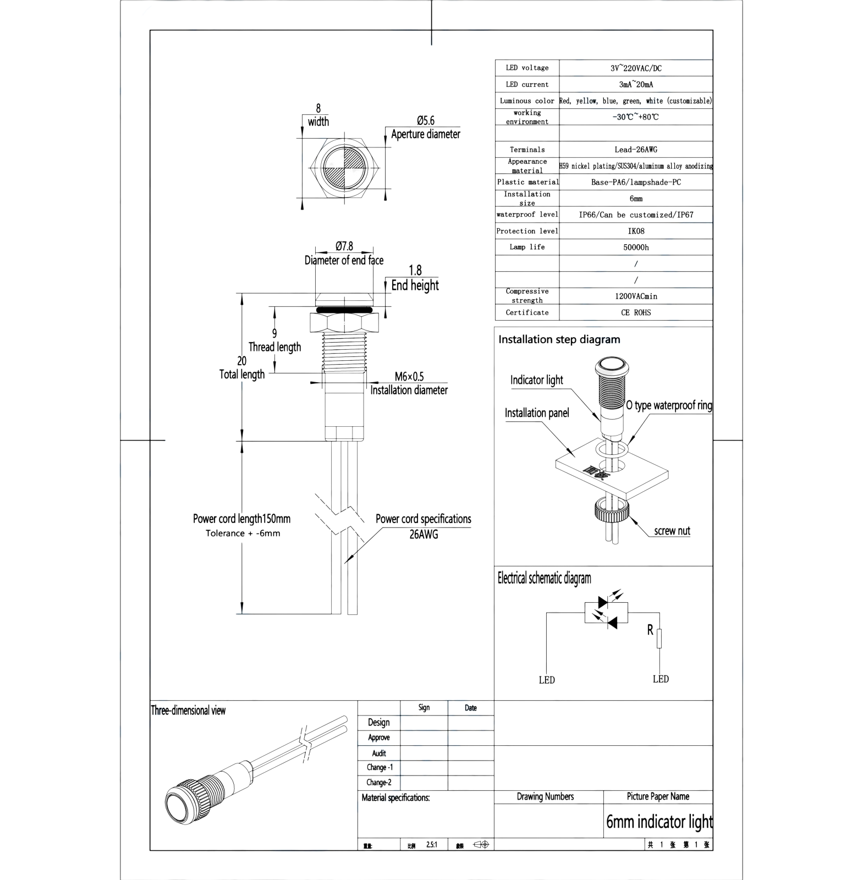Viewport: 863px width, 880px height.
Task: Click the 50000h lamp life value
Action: [x=636, y=248]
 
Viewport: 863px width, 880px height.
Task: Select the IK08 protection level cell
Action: [x=636, y=231]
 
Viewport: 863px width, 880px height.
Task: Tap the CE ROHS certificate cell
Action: [x=636, y=312]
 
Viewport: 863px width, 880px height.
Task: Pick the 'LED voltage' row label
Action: [x=527, y=68]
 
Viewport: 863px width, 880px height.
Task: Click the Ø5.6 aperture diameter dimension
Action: [x=426, y=120]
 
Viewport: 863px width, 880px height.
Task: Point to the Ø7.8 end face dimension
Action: [x=344, y=246]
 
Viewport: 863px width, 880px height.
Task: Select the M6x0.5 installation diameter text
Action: [x=410, y=376]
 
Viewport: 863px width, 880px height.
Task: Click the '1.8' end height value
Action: [x=416, y=269]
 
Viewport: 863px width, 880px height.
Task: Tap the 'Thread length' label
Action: [x=275, y=347]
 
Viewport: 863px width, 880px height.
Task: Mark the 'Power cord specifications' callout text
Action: [x=424, y=519]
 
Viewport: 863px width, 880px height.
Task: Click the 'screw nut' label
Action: [x=672, y=531]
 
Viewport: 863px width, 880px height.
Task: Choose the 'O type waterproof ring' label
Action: [x=673, y=406]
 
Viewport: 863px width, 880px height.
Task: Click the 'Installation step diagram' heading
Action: [x=559, y=339]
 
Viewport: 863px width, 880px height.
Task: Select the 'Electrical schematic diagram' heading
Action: [x=545, y=578]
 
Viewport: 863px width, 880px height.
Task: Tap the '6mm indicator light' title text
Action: [x=658, y=822]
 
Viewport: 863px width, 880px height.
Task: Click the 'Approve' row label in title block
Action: [x=379, y=738]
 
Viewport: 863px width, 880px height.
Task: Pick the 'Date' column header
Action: [x=471, y=708]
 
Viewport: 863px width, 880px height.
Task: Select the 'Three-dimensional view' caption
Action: [x=189, y=711]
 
